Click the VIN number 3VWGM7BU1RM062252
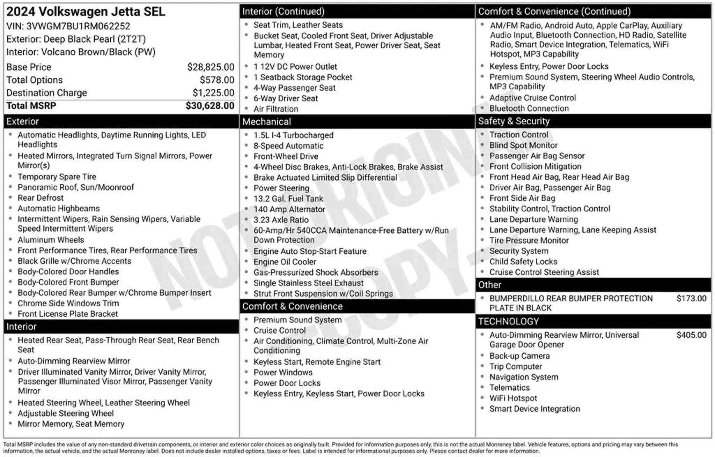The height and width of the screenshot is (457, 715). coord(78,26)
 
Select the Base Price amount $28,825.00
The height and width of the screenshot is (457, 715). coord(211,67)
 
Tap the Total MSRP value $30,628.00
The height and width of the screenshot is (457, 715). coord(210,106)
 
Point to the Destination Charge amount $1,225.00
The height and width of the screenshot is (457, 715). coord(213,93)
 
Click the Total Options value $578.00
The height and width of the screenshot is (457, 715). coord(217,80)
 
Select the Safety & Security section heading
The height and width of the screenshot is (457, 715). coord(514,121)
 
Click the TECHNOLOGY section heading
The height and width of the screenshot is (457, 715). coord(508,321)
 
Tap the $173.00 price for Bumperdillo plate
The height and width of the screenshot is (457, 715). coord(691,298)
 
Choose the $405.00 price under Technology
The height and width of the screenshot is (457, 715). coord(691,335)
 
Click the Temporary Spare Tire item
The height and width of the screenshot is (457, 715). coord(57,177)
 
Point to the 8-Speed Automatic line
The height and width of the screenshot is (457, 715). coord(288,146)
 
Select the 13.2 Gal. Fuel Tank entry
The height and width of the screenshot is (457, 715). coord(288,198)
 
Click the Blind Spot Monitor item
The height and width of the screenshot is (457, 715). coord(523,145)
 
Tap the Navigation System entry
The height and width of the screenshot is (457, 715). coord(524,377)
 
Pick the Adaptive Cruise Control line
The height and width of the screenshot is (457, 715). coord(532,98)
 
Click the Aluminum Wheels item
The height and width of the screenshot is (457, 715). coord(51,240)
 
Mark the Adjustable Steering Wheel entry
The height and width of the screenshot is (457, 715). coord(66,413)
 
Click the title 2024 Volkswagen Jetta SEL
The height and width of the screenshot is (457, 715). coord(86,12)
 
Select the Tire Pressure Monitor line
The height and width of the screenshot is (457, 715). coord(529,240)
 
